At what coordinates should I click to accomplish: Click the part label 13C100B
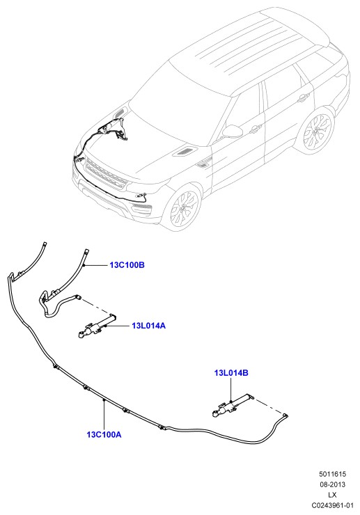(127, 264)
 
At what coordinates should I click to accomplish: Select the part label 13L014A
(148, 326)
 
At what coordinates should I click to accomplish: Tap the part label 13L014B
(231, 373)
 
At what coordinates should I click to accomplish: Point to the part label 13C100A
(104, 434)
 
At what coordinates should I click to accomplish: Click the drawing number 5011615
(332, 474)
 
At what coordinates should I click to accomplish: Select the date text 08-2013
(332, 484)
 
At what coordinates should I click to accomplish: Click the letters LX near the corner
(332, 495)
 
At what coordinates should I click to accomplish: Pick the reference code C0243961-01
(332, 505)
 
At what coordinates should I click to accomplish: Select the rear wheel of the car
(317, 131)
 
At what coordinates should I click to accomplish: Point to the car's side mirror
(233, 131)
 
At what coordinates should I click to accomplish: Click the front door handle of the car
(256, 129)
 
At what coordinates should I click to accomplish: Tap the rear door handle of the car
(303, 97)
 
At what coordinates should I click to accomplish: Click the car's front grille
(105, 174)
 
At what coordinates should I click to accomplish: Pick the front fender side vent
(203, 164)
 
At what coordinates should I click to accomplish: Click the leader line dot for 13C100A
(104, 400)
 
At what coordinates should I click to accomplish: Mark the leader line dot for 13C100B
(84, 264)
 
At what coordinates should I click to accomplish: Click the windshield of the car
(179, 99)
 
